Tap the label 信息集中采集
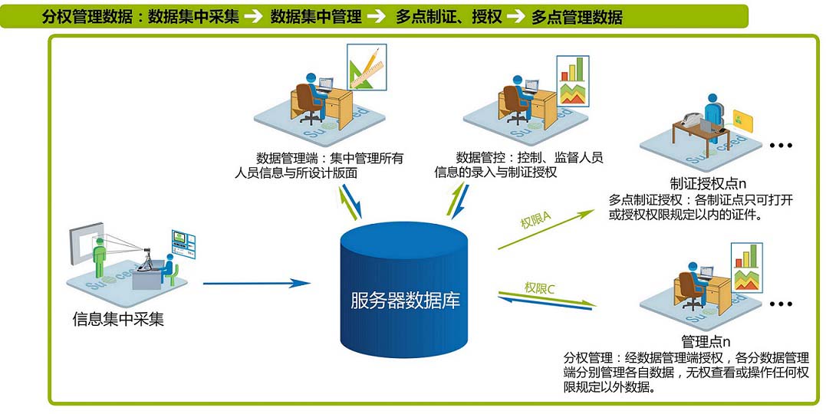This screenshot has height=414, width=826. pyautogui.click(x=118, y=318)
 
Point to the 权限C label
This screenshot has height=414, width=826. pyautogui.click(x=540, y=288)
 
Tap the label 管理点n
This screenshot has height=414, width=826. pyautogui.click(x=705, y=341)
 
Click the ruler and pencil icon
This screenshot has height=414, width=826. pyautogui.click(x=367, y=67)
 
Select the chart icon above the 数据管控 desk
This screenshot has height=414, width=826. pyautogui.click(x=572, y=80)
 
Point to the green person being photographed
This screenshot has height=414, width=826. pyautogui.click(x=98, y=257)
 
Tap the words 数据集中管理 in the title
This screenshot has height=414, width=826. pyautogui.click(x=316, y=17)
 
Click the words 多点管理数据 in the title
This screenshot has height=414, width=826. pyautogui.click(x=577, y=17)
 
